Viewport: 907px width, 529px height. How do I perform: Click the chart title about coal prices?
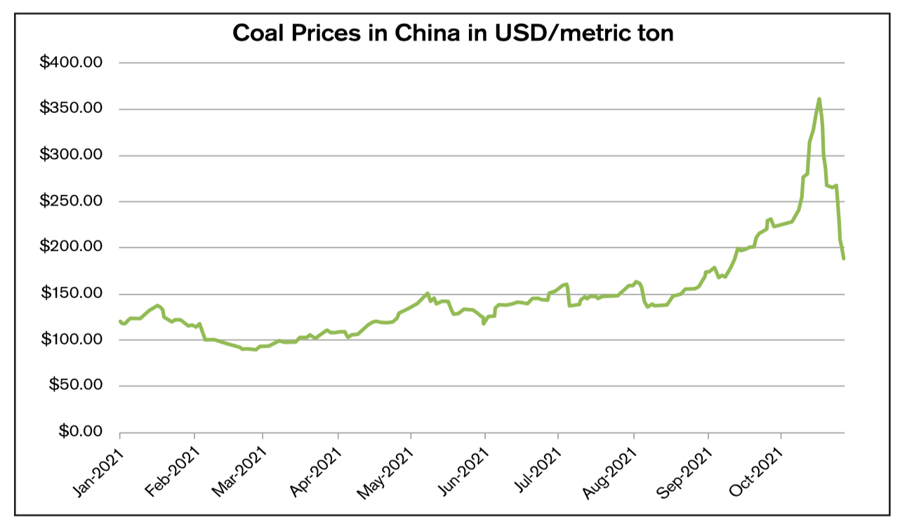453,33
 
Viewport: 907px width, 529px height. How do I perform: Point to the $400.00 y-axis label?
71,62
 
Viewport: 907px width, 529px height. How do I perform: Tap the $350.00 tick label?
71,109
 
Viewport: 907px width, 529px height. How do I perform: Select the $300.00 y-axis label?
71,155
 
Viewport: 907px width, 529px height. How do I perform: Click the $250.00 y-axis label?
71,201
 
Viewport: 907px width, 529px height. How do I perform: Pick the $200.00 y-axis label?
71,247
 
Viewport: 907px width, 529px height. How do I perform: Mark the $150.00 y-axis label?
71,293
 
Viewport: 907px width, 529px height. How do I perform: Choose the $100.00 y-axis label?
71,340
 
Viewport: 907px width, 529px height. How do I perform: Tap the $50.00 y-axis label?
74,385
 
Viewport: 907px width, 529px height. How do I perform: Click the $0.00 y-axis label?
78,431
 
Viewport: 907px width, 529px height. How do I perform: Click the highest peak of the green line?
819,99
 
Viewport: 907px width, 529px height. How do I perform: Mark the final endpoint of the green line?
844,258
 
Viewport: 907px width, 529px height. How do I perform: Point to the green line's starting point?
120,321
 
